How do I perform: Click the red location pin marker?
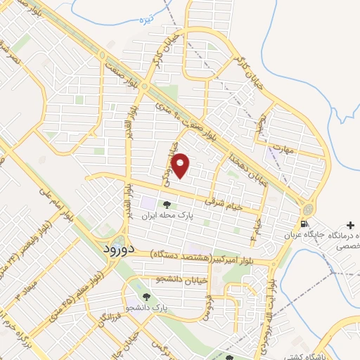[x=181, y=165]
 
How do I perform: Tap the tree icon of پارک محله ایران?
[x=167, y=205]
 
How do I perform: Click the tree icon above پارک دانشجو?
[x=147, y=297]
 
